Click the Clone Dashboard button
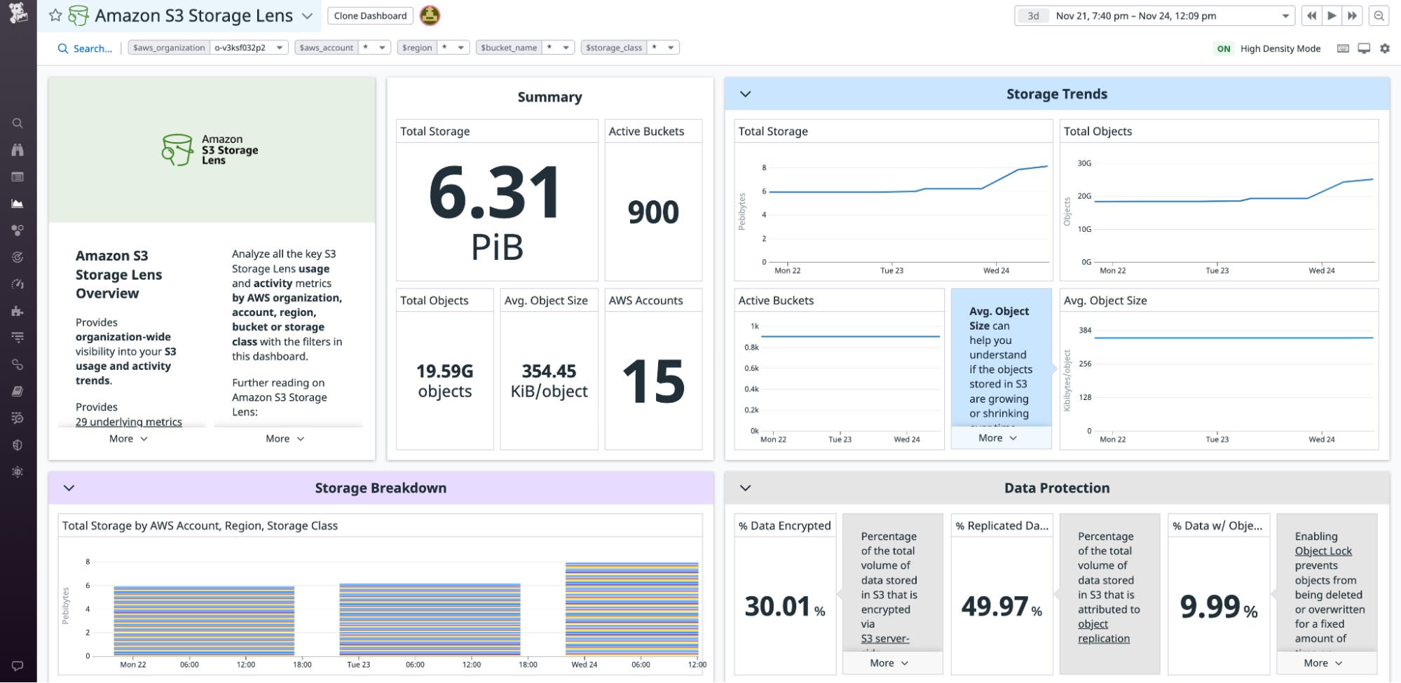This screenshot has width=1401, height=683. [370, 15]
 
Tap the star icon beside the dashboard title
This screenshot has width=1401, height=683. [55, 15]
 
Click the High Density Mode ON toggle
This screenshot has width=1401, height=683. [1223, 48]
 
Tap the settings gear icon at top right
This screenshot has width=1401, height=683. [1384, 48]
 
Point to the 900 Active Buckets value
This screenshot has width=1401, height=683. [652, 212]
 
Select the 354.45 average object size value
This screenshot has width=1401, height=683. [549, 371]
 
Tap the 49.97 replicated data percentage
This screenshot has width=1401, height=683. [995, 606]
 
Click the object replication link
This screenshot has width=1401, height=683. [1103, 631]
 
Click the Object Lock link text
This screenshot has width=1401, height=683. [1323, 551]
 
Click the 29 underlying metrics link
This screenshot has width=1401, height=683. [129, 422]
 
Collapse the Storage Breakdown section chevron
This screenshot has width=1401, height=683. [69, 488]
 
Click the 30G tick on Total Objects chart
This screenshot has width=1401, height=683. [1084, 163]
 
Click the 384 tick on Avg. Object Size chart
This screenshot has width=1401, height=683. [1084, 331]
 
